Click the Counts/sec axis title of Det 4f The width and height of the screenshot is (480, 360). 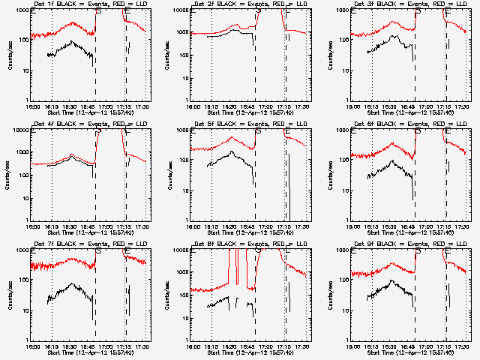point(10,174)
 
